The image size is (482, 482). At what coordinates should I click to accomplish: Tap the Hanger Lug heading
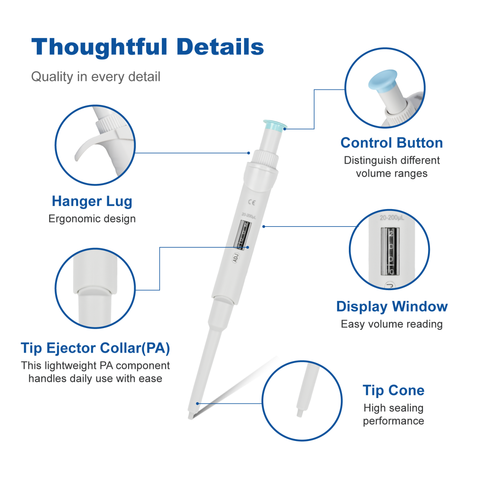[92, 202]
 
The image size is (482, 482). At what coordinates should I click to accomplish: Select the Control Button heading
[392, 143]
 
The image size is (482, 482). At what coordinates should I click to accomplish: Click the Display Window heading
[392, 307]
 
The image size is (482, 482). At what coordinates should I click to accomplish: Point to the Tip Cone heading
[393, 391]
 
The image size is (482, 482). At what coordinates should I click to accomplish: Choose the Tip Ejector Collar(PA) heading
[95, 348]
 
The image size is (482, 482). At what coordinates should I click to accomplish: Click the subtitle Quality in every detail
[96, 77]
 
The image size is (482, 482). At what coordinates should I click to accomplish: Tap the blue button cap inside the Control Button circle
[383, 80]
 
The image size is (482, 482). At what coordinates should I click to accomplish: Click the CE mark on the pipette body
[252, 202]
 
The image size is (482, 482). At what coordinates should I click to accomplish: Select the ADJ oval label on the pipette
[236, 257]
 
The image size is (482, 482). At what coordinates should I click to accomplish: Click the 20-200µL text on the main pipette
[249, 215]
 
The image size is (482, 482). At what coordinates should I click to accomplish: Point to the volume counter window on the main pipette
[242, 235]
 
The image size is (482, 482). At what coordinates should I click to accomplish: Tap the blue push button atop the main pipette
[274, 126]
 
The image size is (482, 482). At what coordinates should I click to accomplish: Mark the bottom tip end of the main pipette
[190, 418]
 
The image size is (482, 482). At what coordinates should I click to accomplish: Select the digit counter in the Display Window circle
[390, 251]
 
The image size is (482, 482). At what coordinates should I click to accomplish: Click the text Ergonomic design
[92, 219]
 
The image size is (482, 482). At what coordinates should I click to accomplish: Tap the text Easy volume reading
[392, 324]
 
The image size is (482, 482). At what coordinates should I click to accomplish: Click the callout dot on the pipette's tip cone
[197, 404]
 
